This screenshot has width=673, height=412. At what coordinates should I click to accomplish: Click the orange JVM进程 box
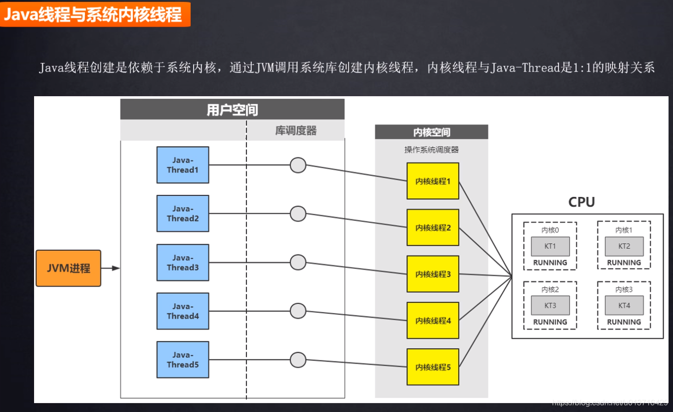(x=68, y=268)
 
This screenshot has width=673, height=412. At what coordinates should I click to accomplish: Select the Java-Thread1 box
(x=183, y=165)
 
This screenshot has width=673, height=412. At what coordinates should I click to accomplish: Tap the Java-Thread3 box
(x=183, y=262)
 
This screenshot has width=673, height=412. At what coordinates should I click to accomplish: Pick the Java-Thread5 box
(x=183, y=360)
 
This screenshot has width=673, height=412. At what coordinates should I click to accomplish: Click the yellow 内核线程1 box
(x=433, y=181)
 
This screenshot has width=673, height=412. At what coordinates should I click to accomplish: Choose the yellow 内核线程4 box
(x=433, y=321)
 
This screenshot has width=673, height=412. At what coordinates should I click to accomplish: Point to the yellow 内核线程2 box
(x=433, y=227)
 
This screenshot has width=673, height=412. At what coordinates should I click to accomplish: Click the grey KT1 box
(x=550, y=246)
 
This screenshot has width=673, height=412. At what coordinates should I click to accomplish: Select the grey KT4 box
(x=624, y=305)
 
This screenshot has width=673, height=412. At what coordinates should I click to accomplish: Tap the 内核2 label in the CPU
(x=550, y=290)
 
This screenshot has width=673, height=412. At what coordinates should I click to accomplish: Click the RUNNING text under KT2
(x=624, y=263)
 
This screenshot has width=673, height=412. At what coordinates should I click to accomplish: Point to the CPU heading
(x=582, y=202)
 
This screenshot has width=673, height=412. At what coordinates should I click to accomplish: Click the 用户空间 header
(x=232, y=110)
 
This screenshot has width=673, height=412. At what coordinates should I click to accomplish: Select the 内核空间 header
(x=432, y=132)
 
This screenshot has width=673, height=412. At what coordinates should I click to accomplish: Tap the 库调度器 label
(x=296, y=131)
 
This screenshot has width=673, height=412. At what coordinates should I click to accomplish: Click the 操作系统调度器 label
(x=432, y=150)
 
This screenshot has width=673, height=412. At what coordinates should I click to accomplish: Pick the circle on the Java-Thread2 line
(x=298, y=214)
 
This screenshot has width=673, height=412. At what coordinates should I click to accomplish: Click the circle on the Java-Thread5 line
(x=298, y=360)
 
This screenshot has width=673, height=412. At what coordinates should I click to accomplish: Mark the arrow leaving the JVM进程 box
(x=111, y=268)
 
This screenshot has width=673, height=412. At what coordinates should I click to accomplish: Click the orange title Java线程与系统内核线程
(x=93, y=15)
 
